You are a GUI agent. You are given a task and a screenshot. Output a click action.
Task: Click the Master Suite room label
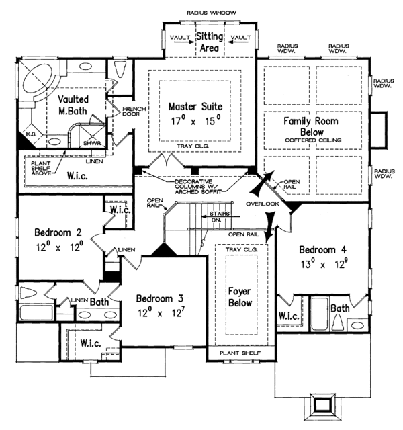pos(195,107)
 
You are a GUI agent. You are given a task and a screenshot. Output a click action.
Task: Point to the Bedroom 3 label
pos(161,298)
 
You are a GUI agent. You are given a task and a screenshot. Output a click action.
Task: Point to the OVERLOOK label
pos(261,204)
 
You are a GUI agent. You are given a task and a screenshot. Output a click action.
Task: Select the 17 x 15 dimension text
pos(195,122)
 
